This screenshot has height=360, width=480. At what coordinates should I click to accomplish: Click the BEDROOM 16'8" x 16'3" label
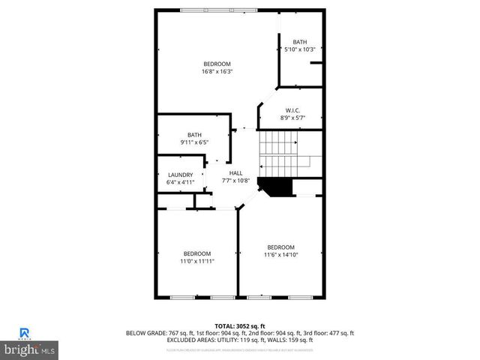(x=217, y=67)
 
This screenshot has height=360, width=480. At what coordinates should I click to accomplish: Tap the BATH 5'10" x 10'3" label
(x=300, y=45)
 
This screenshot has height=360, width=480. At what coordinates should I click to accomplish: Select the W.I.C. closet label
(x=292, y=114)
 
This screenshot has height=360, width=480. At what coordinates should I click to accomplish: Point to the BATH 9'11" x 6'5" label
(x=194, y=138)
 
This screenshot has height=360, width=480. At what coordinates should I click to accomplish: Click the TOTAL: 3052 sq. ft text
(x=240, y=325)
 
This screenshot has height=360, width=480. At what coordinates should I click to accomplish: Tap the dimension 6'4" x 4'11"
(x=180, y=181)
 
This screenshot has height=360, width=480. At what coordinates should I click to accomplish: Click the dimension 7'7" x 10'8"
(x=235, y=180)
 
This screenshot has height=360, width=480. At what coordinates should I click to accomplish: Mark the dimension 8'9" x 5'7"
(x=292, y=118)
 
